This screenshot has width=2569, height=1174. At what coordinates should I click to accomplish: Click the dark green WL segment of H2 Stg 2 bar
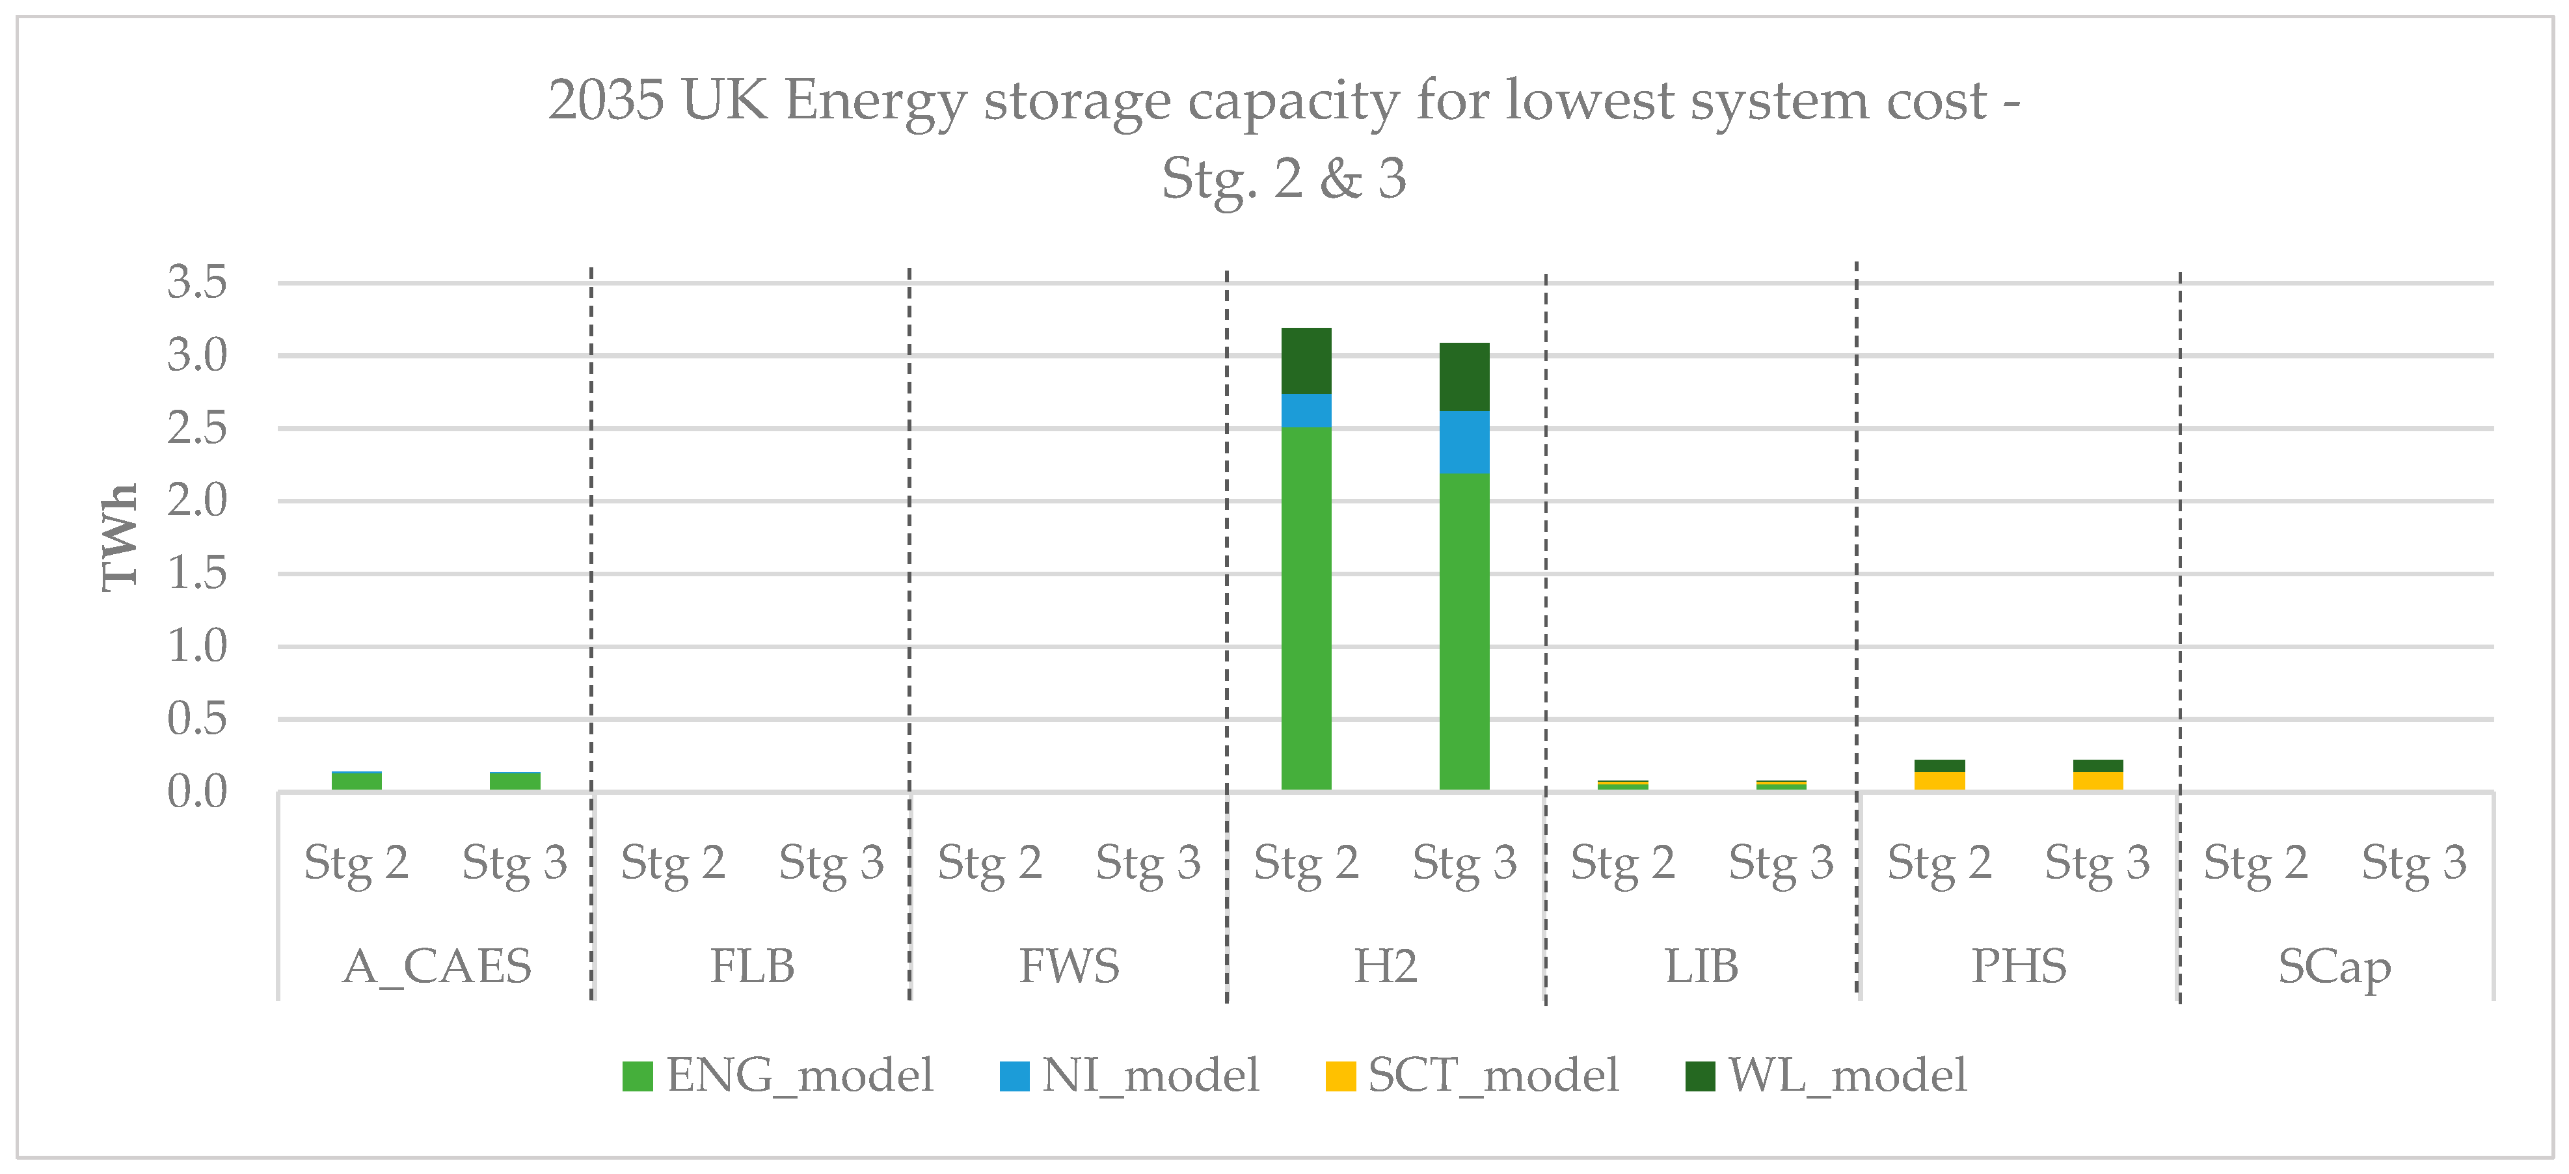1306,360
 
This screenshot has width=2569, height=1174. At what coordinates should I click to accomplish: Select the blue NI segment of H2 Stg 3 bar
1464,442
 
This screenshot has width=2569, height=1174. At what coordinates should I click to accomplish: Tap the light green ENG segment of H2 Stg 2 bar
1306,608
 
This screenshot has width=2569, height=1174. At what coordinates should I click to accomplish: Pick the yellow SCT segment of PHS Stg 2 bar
1939,780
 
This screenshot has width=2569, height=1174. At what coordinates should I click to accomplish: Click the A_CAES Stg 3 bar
515,781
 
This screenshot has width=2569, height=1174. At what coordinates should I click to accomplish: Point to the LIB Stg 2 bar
1622,785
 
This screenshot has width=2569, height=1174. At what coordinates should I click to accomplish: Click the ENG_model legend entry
778,1075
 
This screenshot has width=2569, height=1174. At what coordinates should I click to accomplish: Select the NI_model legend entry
1130,1075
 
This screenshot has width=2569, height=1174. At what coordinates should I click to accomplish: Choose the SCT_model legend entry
1472,1075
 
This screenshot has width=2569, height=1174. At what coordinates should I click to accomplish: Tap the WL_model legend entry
1826,1075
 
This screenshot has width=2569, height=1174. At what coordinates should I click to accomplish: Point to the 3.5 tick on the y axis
198,282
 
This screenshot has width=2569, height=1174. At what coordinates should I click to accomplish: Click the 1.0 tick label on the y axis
198,647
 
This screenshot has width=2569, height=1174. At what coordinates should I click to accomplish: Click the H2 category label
1385,965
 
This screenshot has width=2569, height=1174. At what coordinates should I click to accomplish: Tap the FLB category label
752,965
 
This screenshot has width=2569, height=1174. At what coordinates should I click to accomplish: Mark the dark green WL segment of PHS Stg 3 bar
2097,765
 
